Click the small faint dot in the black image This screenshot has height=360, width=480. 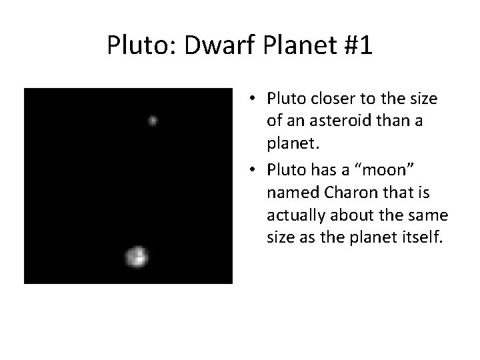(x=153, y=121)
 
